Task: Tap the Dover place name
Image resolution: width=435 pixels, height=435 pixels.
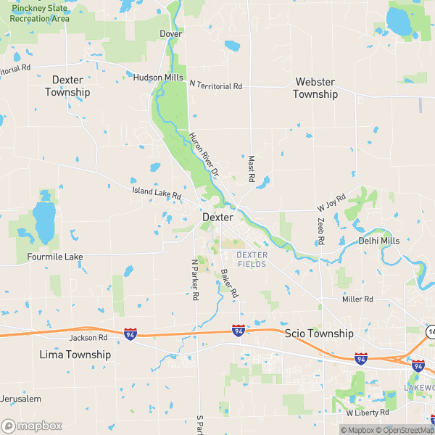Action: [171, 34]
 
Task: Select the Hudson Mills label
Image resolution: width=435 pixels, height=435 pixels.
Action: [158, 77]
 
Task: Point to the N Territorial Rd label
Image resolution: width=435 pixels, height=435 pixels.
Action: [215, 86]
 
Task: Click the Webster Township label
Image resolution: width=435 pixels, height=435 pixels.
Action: [315, 88]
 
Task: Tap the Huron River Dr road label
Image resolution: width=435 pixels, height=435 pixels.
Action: [204, 154]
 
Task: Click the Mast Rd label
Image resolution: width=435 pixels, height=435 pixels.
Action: [252, 168]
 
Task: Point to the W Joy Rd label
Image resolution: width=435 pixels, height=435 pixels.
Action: [331, 202]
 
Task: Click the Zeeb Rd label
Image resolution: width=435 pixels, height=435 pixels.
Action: [321, 231]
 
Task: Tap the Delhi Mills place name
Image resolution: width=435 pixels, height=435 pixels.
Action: [378, 241]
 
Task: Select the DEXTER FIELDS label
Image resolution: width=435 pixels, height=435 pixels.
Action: [252, 260]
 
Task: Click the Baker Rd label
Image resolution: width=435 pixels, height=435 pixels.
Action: [228, 283]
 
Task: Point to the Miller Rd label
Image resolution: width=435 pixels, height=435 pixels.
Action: [357, 299]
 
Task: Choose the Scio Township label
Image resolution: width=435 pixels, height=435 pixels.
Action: [319, 333]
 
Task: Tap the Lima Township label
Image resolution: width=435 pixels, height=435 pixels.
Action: [75, 355]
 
